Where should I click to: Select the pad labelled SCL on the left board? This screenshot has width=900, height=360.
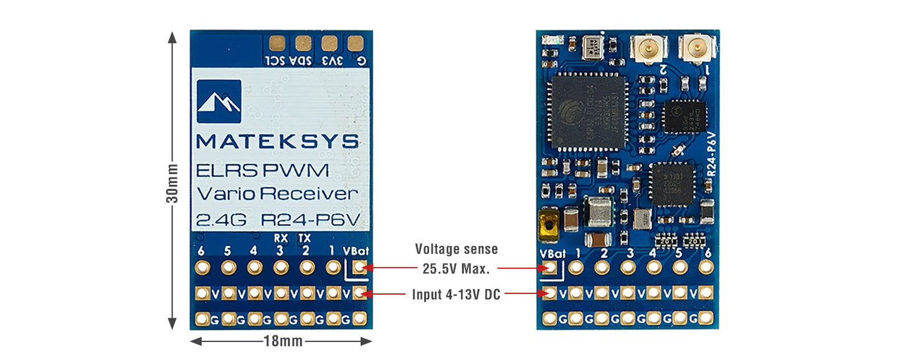point(277,43)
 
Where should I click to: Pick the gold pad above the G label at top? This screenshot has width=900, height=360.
point(356,43)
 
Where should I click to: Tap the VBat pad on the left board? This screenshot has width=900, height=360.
point(358,268)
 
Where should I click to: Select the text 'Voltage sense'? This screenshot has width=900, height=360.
point(457,249)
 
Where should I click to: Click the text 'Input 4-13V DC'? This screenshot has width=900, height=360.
point(457,294)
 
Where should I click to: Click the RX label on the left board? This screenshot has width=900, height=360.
point(280,237)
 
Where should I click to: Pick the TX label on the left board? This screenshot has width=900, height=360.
point(305,237)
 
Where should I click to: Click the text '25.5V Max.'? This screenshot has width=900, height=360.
point(457,269)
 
